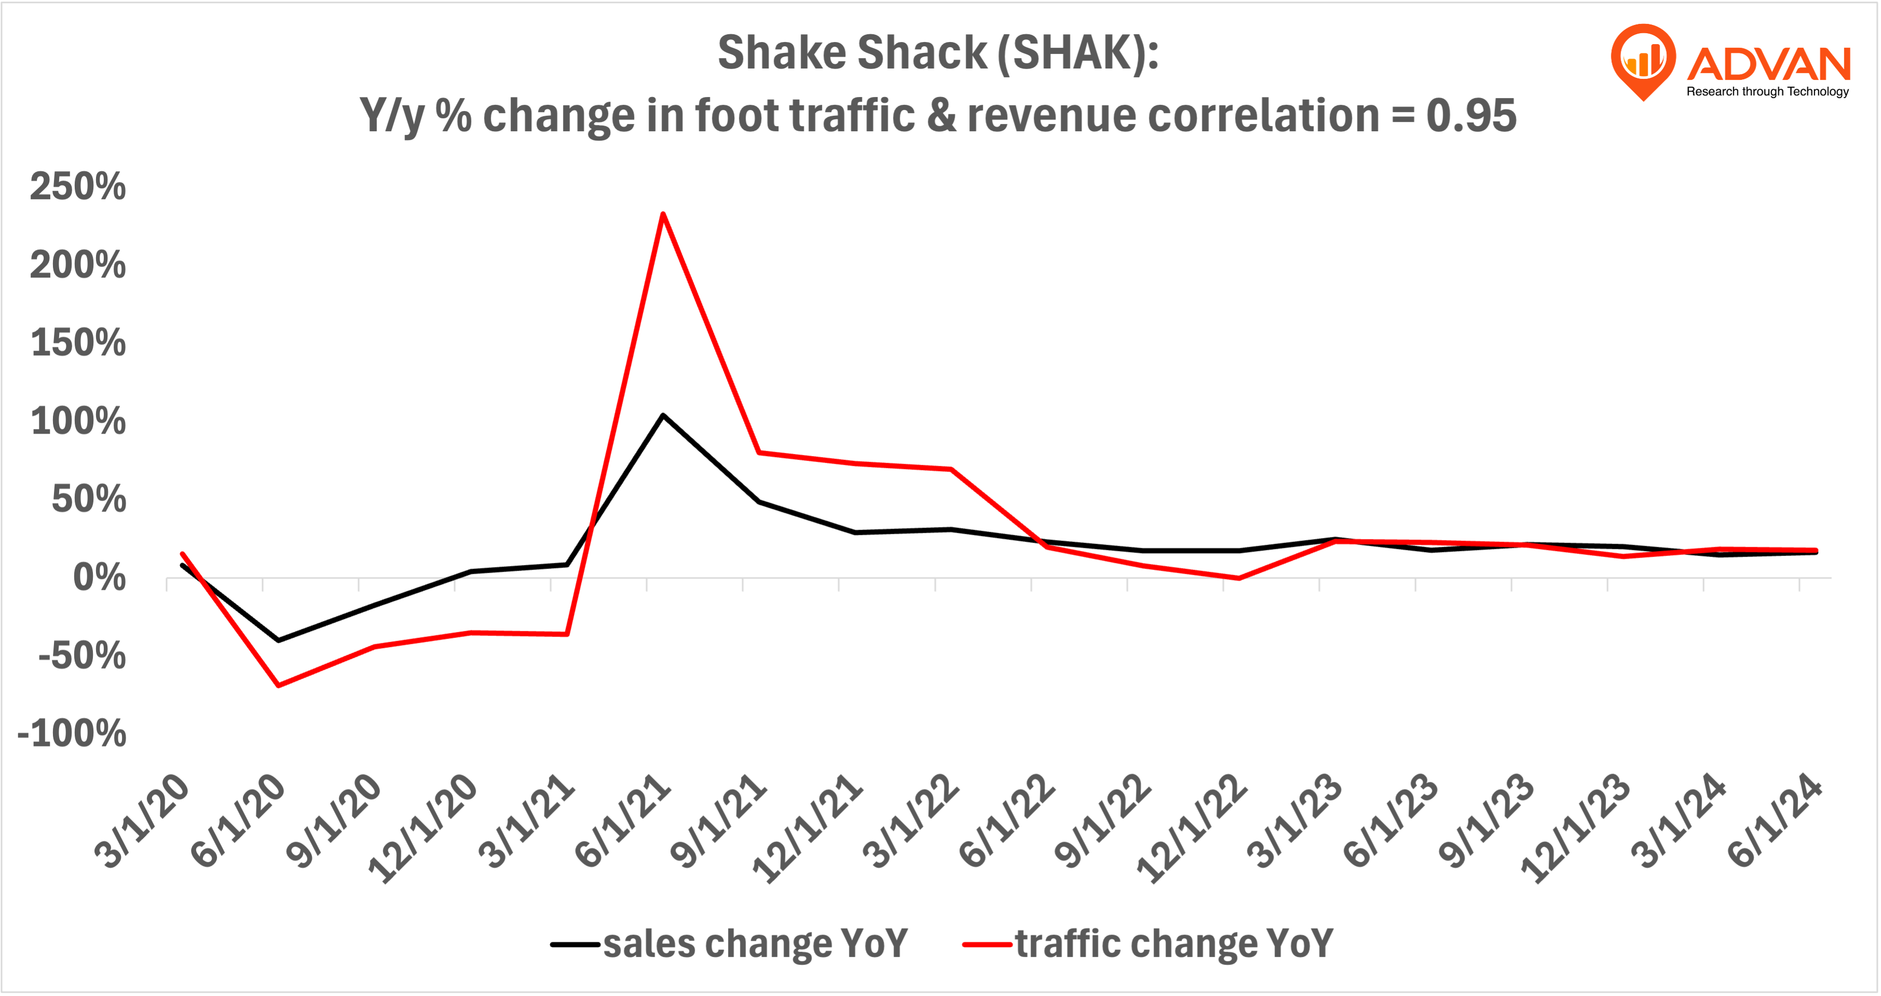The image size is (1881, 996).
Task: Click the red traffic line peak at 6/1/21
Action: click(x=662, y=214)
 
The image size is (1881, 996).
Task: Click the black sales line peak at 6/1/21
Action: click(x=662, y=416)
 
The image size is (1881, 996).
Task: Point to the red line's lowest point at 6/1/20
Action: click(x=278, y=685)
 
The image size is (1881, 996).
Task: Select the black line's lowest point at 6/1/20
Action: click(x=278, y=640)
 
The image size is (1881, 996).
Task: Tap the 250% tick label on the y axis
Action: click(x=77, y=186)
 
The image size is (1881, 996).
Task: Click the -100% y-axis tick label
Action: click(x=72, y=732)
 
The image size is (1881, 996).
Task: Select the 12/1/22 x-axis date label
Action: click(x=1192, y=829)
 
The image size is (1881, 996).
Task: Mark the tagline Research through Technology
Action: click(x=1767, y=91)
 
